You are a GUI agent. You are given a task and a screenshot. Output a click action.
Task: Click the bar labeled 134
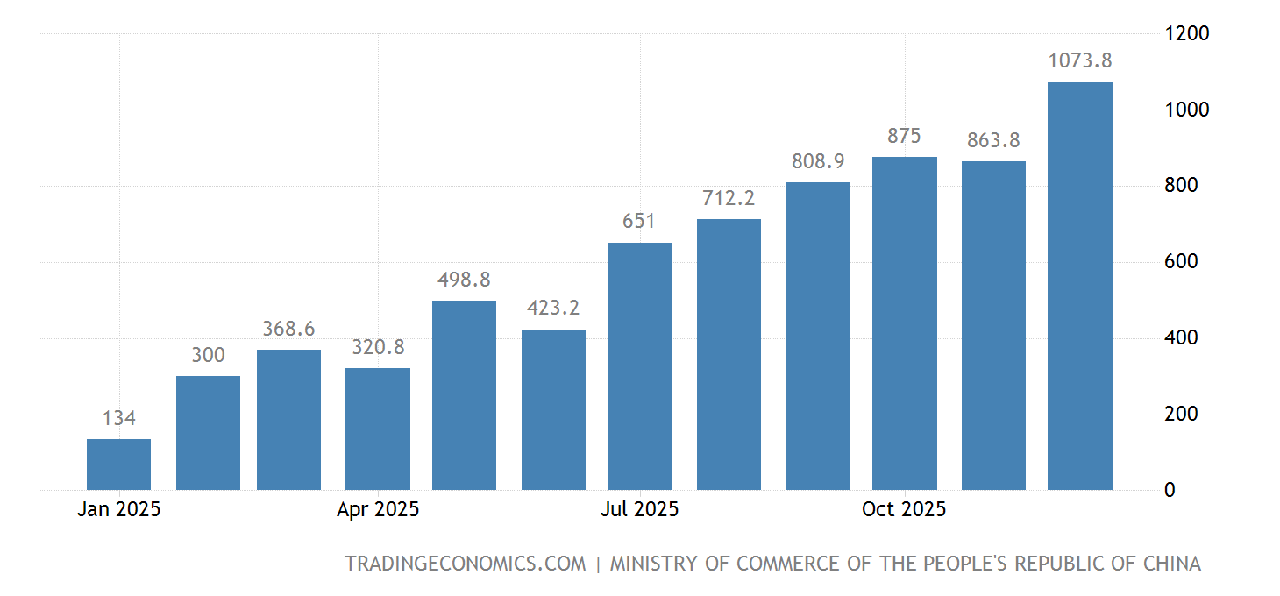point(118,465)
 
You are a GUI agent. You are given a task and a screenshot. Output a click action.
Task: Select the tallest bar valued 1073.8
point(1079,286)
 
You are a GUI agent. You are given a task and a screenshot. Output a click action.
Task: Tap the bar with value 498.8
point(464,395)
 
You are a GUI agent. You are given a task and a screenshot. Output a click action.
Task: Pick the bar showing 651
point(639,366)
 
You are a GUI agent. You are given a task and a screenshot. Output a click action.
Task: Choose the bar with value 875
point(904,323)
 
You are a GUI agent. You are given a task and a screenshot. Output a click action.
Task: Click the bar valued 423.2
point(553,409)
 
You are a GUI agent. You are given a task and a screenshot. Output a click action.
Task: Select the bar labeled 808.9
point(818,336)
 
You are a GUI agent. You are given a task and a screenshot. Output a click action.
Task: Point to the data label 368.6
point(288,329)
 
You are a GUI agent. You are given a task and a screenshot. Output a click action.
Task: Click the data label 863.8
point(993,140)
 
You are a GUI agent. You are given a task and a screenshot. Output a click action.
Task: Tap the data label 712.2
point(729,198)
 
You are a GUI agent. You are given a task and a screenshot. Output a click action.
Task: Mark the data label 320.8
point(378,347)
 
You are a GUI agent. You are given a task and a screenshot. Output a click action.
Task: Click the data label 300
point(208,355)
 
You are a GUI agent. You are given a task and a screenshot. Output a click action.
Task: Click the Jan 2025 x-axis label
point(118,509)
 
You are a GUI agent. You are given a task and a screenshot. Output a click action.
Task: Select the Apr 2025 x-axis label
point(378,509)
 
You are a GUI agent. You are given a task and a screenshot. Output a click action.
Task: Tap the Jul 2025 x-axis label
point(639,509)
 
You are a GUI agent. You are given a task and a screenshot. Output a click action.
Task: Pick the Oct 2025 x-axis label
point(904,509)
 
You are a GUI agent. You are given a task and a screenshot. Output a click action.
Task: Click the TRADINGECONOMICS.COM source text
point(465,564)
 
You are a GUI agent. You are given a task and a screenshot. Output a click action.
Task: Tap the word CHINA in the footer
point(1171,564)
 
